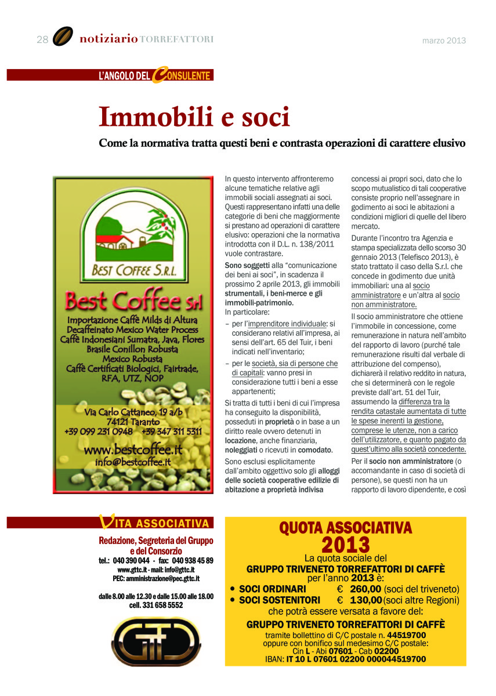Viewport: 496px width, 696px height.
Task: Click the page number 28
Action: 42,39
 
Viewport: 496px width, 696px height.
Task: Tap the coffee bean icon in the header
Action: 63,37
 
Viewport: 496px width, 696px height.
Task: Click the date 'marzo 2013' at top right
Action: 444,41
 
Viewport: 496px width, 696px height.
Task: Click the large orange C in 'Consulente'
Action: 157,75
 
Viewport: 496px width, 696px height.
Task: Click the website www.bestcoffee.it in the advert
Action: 133,449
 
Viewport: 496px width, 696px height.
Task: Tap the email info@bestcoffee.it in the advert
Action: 133,462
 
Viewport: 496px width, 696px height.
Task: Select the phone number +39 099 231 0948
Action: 98,432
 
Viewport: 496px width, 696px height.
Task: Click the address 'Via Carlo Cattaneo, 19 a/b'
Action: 133,412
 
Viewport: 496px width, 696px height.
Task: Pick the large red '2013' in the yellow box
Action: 345,545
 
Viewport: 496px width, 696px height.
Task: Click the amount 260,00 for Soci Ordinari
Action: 366,589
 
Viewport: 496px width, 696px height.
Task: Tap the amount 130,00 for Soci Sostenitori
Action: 366,600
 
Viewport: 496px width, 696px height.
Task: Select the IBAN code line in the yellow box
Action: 345,659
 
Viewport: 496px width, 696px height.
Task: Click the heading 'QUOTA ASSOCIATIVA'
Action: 345,528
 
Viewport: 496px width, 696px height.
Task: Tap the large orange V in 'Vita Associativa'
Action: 106,522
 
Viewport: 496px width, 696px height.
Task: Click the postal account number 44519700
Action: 406,635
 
